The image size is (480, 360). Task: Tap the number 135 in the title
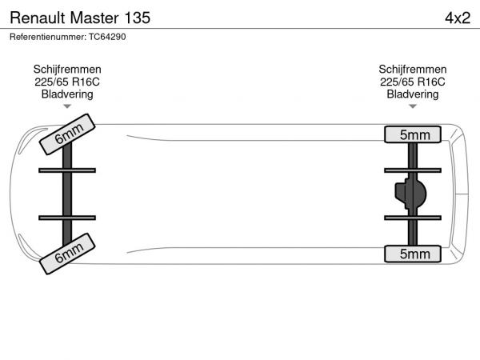137,18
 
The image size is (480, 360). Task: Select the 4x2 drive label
458,18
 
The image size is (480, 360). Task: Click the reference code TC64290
107,37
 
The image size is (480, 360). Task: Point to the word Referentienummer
48,37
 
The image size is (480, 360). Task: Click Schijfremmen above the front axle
67,69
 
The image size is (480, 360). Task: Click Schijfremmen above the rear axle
413,69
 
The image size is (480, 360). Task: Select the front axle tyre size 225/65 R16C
67,82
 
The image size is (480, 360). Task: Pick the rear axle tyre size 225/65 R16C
413,82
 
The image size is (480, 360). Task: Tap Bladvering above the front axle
67,94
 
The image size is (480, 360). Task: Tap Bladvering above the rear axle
413,94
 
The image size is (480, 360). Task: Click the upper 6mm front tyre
67,134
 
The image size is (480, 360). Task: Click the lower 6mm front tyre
67,254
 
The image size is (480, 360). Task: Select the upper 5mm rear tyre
413,134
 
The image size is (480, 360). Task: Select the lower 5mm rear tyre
413,254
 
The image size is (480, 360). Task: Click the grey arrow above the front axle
67,106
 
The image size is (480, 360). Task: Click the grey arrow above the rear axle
413,106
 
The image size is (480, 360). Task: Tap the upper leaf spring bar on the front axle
67,170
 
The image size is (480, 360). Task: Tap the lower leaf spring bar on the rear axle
413,218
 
